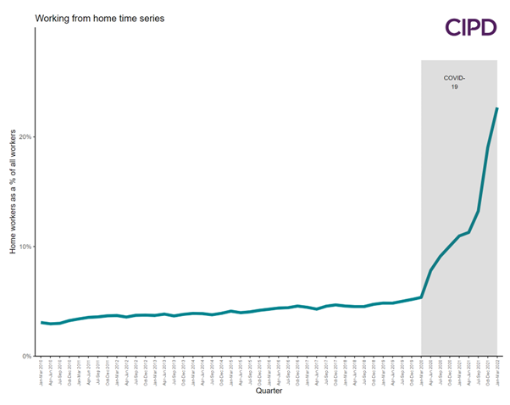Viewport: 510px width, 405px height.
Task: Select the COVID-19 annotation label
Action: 454,82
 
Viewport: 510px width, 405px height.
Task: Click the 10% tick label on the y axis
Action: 26,247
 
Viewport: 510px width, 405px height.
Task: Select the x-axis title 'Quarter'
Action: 269,391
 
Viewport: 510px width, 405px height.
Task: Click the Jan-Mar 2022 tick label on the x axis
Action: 496,370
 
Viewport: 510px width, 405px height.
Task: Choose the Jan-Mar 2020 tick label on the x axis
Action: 421,370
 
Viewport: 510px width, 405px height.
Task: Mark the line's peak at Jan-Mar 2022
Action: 496,108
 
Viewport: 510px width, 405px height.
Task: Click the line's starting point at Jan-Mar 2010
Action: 42,323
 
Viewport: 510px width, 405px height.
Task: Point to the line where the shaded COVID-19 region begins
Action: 421,297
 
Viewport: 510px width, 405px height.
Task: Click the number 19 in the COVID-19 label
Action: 454,87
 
